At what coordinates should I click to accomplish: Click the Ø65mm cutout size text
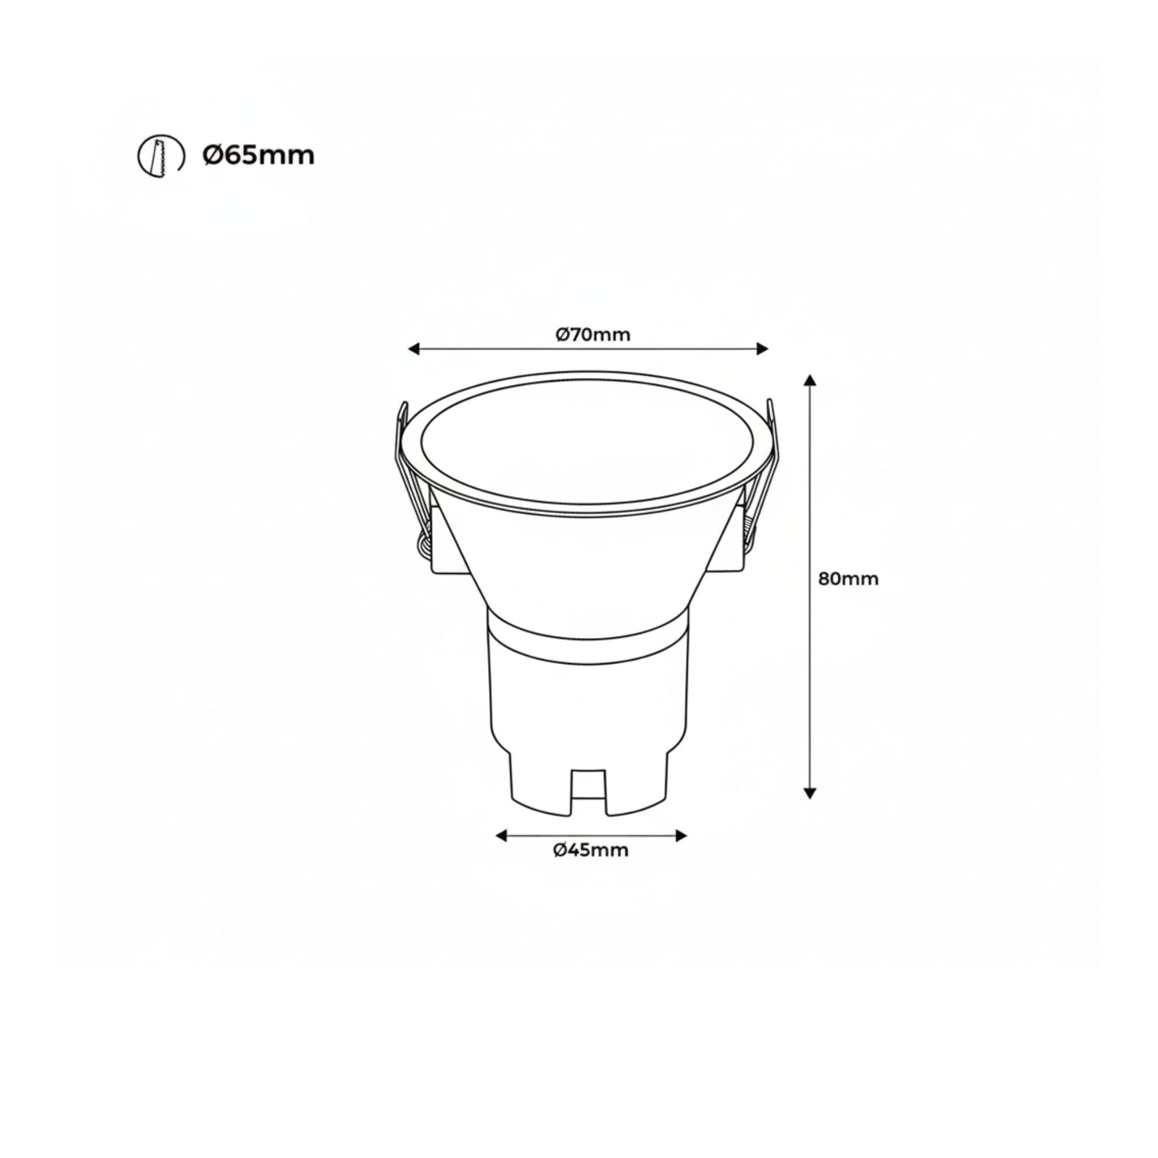click(258, 156)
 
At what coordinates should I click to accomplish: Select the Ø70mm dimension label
click(593, 335)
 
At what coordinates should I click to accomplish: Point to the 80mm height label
click(848, 579)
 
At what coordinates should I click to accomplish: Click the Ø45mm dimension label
click(591, 850)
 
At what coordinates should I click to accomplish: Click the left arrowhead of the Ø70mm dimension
click(413, 349)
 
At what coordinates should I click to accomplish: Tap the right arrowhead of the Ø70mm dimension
click(763, 349)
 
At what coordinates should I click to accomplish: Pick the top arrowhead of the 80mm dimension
click(810, 380)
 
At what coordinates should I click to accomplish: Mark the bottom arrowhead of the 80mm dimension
click(810, 794)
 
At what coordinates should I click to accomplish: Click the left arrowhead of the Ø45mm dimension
click(501, 835)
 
